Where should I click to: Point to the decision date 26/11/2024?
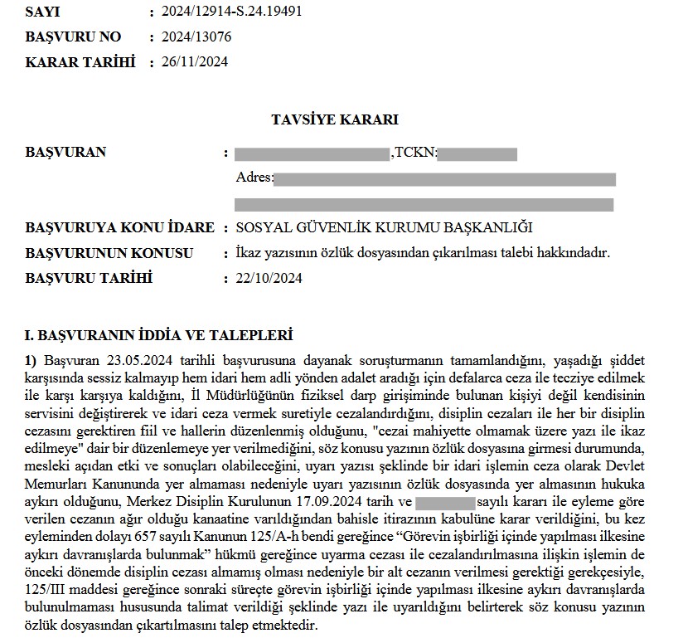pyautogui.click(x=194, y=61)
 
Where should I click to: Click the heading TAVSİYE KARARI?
pyautogui.click(x=335, y=119)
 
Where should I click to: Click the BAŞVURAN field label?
pyautogui.click(x=66, y=153)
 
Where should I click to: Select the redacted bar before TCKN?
pyautogui.click(x=312, y=153)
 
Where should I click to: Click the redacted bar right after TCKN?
pyautogui.click(x=477, y=153)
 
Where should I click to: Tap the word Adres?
pyautogui.click(x=253, y=178)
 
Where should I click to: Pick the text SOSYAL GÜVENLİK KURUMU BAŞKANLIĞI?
pyautogui.click(x=383, y=228)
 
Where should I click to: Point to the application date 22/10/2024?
pyautogui.click(x=269, y=278)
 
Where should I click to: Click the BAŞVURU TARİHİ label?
pyautogui.click(x=90, y=278)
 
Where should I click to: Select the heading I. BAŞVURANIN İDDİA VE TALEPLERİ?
pyautogui.click(x=159, y=336)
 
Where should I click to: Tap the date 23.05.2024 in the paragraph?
pyautogui.click(x=138, y=361)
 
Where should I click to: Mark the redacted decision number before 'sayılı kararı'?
pyautogui.click(x=444, y=502)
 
